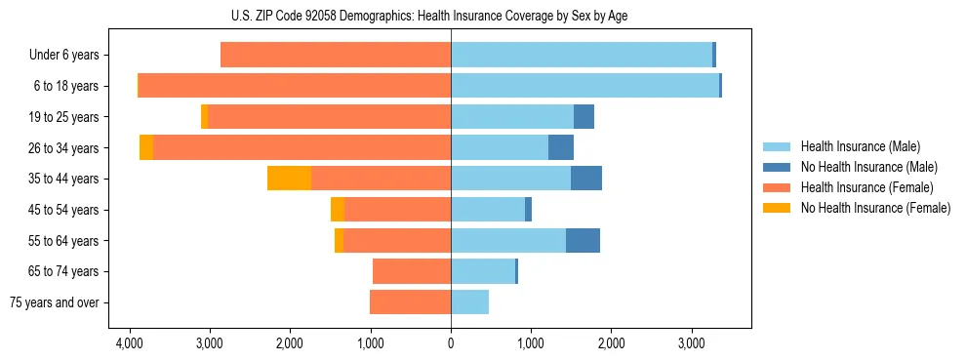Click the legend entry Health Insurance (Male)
point(860,146)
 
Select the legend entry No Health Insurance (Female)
point(875,208)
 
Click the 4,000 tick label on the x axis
point(129,344)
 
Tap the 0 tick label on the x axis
point(451,344)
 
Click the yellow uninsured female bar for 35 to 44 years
point(289,179)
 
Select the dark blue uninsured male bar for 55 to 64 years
point(583,240)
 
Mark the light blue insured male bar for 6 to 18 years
point(584,86)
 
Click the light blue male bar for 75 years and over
point(469,302)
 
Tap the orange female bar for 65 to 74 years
point(412,271)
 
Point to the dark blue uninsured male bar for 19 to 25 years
point(584,117)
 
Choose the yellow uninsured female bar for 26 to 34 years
point(146,147)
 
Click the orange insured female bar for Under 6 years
point(336,55)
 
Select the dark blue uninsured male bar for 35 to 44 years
point(586,179)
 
